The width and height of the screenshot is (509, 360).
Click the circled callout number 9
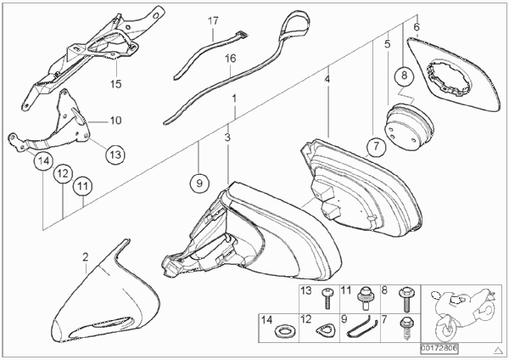[199, 183]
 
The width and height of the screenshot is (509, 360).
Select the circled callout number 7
[376, 146]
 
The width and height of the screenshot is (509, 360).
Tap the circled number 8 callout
[404, 76]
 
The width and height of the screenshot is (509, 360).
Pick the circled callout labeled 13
[115, 155]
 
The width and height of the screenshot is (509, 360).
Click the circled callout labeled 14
[44, 160]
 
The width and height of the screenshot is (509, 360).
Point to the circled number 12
[63, 173]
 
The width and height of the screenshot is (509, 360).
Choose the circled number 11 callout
[82, 187]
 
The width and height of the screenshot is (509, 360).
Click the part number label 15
[115, 84]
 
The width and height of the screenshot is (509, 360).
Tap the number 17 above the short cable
[213, 21]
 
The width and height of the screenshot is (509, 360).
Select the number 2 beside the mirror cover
[85, 257]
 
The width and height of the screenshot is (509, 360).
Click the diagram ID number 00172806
[439, 349]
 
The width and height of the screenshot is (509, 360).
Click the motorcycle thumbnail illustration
[463, 313]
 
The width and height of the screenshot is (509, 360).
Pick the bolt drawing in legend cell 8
[406, 299]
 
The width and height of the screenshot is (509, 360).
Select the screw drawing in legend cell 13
[327, 299]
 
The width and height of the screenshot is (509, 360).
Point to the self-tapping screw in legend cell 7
[406, 328]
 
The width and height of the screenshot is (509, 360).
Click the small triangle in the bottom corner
[498, 351]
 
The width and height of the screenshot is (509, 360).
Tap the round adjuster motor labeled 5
[409, 127]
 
